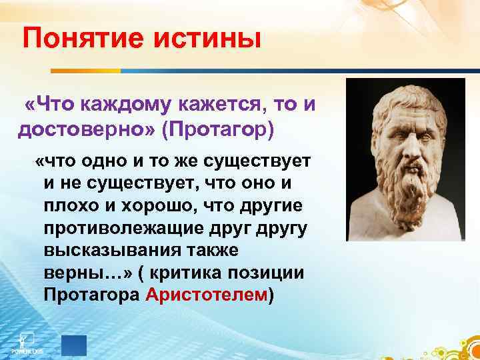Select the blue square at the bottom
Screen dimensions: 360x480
[x=74, y=345]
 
